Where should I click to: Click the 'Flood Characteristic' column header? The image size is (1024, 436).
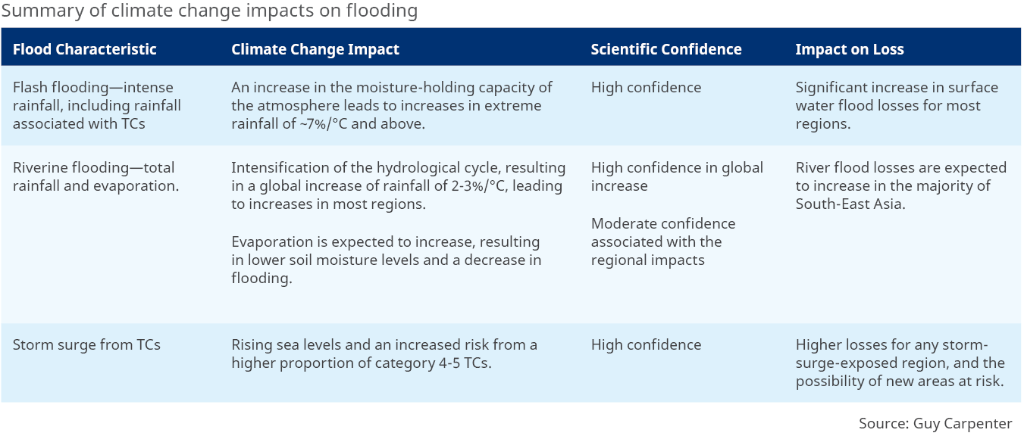85,49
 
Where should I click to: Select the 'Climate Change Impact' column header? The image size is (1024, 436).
315,49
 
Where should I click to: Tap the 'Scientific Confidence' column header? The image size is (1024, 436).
666,49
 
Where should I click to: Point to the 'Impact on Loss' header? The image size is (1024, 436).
850,49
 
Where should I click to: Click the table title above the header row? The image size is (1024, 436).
209,11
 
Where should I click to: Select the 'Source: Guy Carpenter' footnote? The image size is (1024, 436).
935,423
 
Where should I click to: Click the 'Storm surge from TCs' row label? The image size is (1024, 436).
86,344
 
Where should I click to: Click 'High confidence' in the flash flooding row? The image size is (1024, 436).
646,87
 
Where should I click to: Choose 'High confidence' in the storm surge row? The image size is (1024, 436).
646,344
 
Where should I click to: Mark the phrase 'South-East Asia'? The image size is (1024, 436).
849,204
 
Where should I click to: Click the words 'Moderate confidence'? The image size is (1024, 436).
663,224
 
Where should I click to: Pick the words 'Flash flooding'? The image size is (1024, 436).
61,87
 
